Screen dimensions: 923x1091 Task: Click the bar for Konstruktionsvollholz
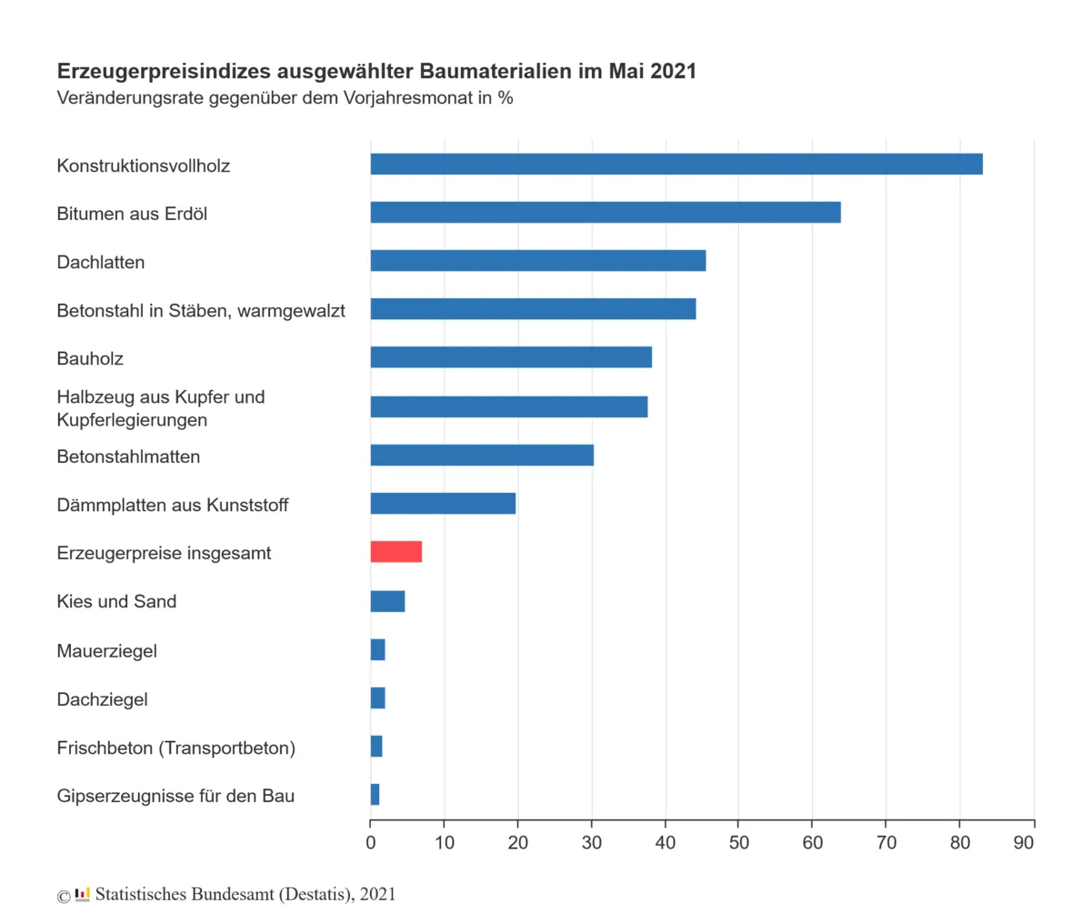(x=676, y=165)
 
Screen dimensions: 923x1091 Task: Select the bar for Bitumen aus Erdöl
(x=606, y=213)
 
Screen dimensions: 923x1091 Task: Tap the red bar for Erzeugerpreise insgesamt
(x=396, y=552)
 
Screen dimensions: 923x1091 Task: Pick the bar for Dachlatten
(x=538, y=261)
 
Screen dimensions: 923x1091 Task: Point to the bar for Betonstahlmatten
(x=482, y=455)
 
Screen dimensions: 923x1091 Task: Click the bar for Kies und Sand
(x=387, y=601)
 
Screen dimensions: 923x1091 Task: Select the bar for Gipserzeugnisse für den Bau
(x=375, y=795)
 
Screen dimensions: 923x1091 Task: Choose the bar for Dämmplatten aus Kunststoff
(x=443, y=504)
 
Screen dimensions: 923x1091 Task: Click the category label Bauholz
(x=90, y=358)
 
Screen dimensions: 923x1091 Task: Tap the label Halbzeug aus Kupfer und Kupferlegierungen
(x=161, y=408)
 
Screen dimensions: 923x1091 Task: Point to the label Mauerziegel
(x=106, y=651)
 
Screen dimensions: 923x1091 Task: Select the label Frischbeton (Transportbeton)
(x=175, y=747)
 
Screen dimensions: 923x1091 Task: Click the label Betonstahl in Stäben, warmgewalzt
(x=201, y=310)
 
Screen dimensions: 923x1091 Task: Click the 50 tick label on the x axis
(x=739, y=843)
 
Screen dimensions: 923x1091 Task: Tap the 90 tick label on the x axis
(x=1024, y=843)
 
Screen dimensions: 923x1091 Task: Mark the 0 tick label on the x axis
(x=371, y=843)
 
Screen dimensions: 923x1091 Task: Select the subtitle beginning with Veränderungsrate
(x=285, y=97)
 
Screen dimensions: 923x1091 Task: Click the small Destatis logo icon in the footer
(x=83, y=895)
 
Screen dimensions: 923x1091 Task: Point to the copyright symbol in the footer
(x=64, y=897)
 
